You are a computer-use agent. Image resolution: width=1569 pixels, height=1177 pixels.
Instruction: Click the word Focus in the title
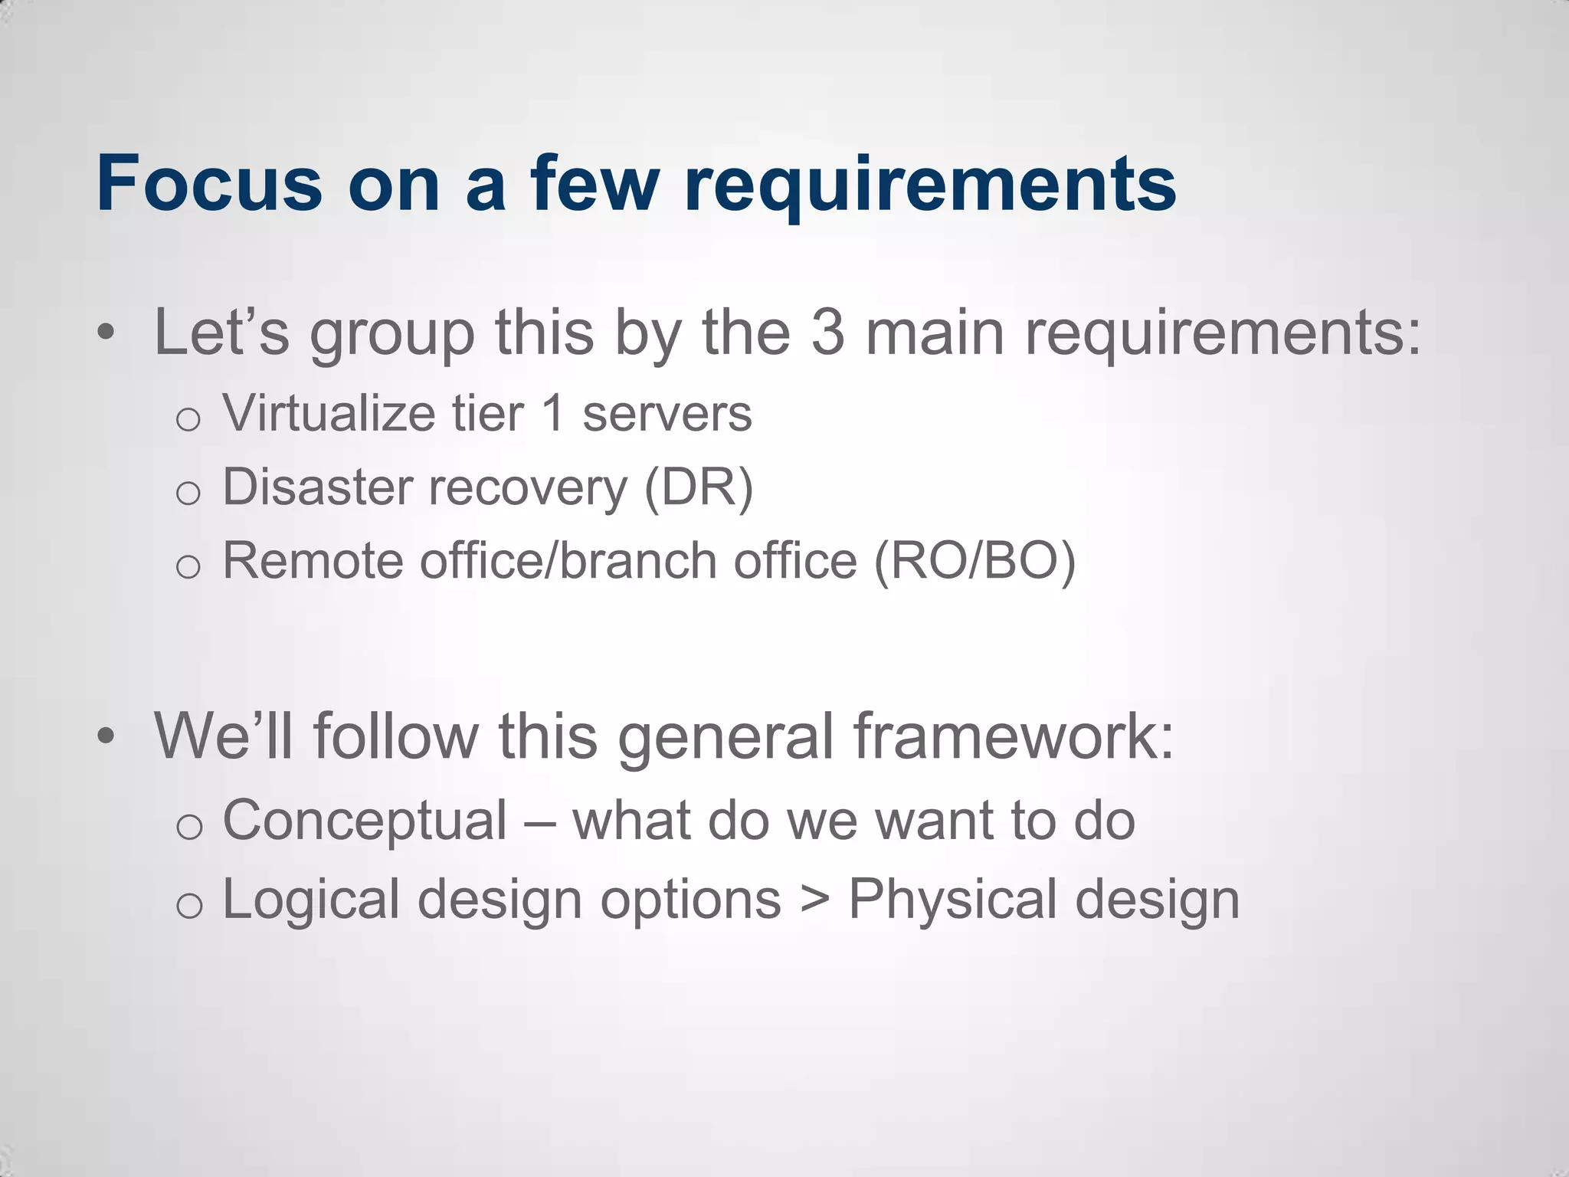[x=209, y=184]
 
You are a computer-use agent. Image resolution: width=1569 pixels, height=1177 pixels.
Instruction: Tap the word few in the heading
[x=594, y=184]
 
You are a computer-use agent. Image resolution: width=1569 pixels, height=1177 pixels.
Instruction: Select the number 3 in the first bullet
[x=827, y=333]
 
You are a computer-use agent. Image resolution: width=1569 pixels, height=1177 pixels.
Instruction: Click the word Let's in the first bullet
[x=221, y=333]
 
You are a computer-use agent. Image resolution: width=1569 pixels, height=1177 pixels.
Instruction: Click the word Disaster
[x=317, y=487]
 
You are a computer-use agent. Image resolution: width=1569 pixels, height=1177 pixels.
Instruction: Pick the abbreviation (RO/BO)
[x=974, y=562]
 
